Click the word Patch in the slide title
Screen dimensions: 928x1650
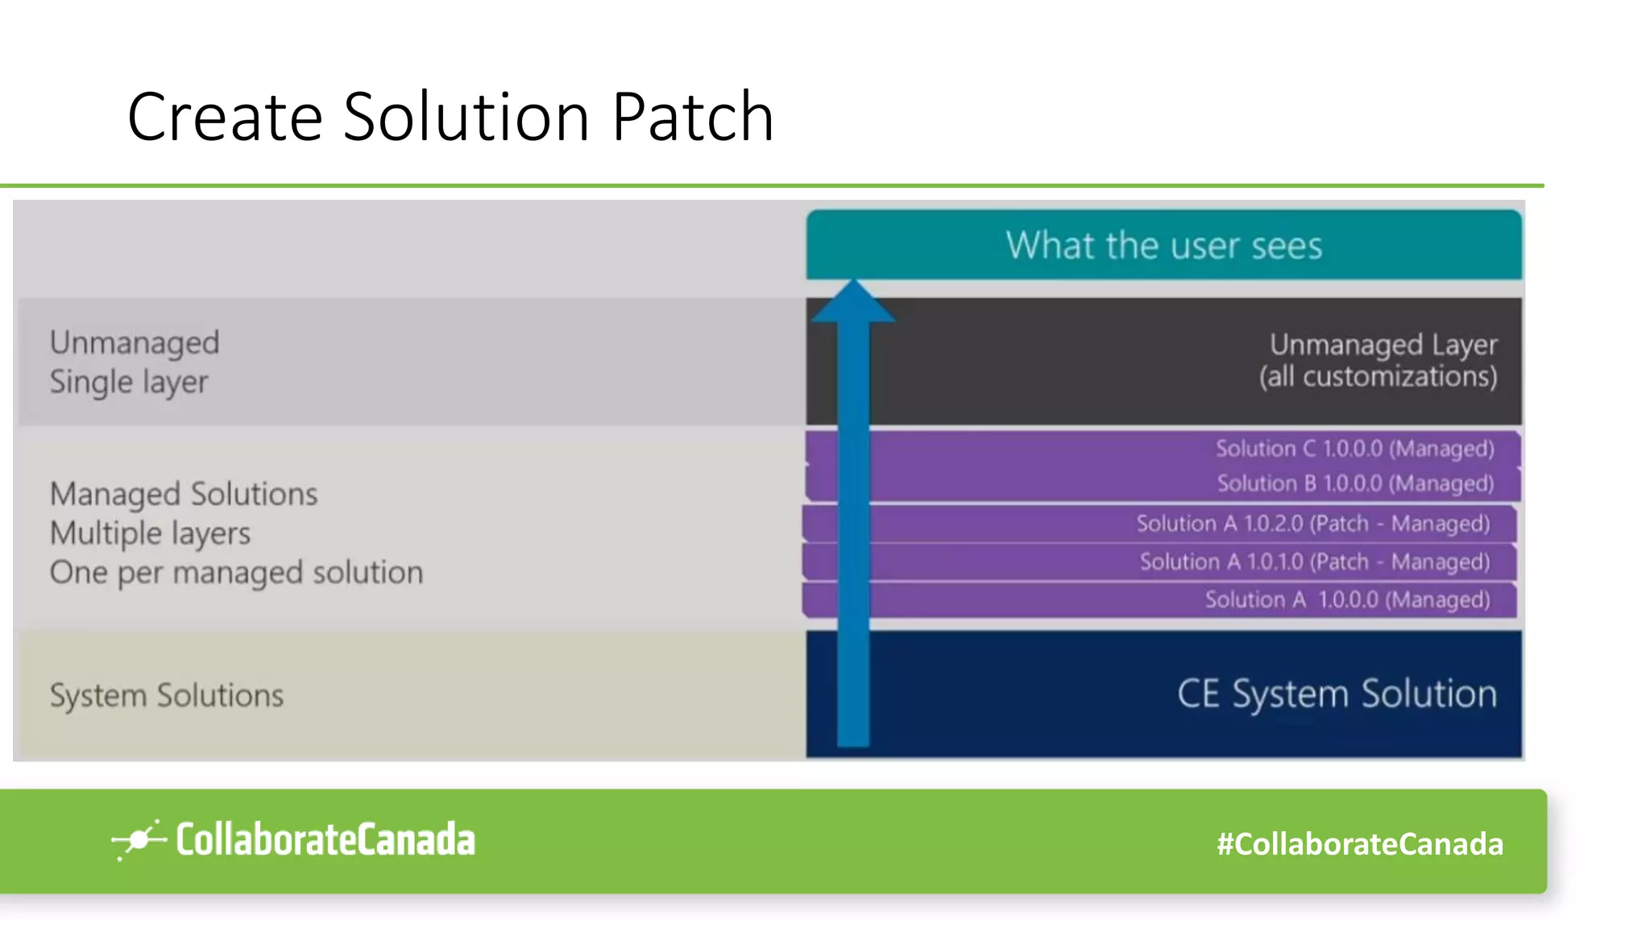(692, 118)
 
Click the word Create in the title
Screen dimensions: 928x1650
(225, 118)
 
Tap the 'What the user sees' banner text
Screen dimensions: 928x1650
(1163, 245)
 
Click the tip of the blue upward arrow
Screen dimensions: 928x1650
(853, 284)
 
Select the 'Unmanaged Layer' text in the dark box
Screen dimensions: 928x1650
(1383, 344)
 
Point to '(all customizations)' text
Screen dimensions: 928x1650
(1378, 376)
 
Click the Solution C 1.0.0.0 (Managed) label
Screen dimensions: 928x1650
(1354, 449)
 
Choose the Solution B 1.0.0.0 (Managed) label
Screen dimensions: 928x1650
(1354, 483)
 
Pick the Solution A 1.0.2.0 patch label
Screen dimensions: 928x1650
(1312, 524)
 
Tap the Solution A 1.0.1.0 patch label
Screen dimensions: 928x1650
(1314, 561)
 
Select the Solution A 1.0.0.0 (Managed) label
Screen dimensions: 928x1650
(1347, 599)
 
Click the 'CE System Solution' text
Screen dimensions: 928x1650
(1337, 694)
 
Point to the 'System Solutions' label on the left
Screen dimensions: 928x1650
(167, 695)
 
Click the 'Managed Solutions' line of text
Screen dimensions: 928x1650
(184, 494)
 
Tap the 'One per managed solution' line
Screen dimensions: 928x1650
(236, 573)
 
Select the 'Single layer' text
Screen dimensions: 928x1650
(129, 382)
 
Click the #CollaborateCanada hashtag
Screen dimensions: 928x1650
(1359, 844)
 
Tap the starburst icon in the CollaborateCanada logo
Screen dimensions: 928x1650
(138, 840)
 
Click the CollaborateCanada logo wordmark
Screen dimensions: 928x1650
(325, 839)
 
